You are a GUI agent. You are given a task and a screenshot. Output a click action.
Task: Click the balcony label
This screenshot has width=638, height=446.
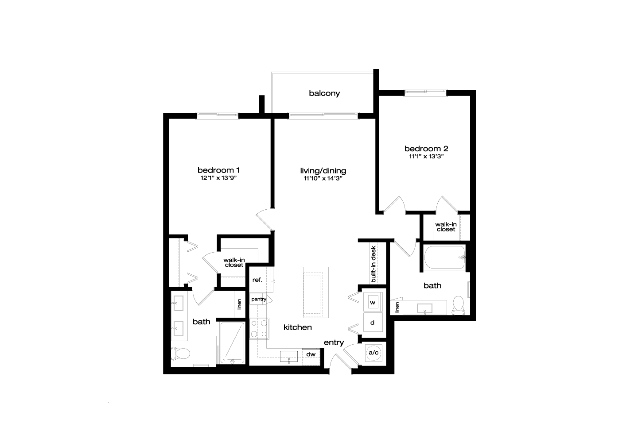click(x=324, y=94)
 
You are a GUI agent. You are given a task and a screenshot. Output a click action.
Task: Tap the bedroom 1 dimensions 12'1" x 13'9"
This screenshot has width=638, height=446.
click(x=218, y=178)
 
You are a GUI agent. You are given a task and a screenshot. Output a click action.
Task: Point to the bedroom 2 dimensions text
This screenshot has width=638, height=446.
click(x=426, y=156)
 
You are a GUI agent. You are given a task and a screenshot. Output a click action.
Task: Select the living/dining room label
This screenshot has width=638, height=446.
click(x=323, y=171)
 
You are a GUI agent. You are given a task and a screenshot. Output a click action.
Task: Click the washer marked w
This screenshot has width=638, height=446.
click(x=373, y=302)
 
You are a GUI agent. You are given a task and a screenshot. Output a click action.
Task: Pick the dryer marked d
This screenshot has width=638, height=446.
click(x=373, y=322)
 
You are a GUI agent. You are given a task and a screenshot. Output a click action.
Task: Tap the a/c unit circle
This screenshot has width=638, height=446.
click(x=373, y=353)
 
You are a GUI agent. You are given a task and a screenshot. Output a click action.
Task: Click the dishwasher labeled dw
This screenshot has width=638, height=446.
click(x=311, y=357)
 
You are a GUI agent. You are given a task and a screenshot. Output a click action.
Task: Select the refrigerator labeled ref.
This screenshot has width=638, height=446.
click(x=258, y=280)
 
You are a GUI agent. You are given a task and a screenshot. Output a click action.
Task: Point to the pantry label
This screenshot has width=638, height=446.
click(x=259, y=299)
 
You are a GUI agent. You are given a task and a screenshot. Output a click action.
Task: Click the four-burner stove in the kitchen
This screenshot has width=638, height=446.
click(x=259, y=328)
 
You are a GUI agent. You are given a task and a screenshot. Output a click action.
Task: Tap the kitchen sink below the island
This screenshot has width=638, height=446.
click(x=288, y=357)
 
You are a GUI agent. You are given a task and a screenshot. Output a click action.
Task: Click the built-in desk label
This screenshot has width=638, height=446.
click(x=373, y=264)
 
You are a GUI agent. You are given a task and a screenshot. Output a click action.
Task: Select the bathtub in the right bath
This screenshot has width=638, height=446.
click(x=445, y=258)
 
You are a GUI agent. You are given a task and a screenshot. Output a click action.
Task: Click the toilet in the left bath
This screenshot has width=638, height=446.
click(x=180, y=354)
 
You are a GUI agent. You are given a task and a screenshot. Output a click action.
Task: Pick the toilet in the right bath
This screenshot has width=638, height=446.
click(x=458, y=305)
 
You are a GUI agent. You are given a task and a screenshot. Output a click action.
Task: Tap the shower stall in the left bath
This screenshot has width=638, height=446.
click(x=233, y=343)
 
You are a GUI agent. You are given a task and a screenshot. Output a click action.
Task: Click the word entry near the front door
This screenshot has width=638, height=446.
click(x=334, y=343)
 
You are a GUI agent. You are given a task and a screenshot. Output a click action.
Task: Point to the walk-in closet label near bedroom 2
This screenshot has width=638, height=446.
click(x=446, y=227)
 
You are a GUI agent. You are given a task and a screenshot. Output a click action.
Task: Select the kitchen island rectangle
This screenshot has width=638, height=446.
click(x=315, y=292)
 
